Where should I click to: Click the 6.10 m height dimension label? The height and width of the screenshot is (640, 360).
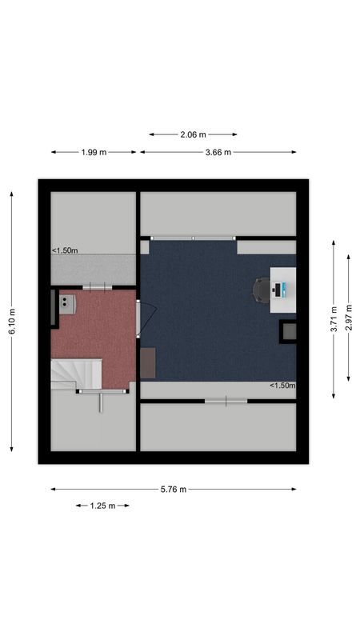[x=12, y=322]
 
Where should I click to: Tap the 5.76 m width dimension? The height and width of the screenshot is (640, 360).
[x=173, y=489]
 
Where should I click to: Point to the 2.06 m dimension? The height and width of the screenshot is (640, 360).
[x=192, y=134]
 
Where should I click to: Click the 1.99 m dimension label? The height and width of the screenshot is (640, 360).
[x=94, y=152]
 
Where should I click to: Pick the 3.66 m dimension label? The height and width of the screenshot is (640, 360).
[x=218, y=152]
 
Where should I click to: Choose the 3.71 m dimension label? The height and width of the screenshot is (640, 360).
[x=333, y=318]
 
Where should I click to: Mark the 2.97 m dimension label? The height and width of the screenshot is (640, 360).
[x=348, y=318]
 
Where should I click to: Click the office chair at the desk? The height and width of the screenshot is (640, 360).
[x=262, y=290]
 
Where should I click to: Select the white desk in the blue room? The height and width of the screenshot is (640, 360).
[x=283, y=290]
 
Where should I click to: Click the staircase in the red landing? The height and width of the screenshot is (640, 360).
[x=75, y=374]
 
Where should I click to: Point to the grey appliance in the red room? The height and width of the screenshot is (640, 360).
[x=66, y=302]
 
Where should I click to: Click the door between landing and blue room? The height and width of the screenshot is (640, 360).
[x=139, y=318]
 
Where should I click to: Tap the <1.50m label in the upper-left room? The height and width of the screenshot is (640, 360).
[x=66, y=250]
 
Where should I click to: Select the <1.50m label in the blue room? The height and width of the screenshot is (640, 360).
[x=282, y=386]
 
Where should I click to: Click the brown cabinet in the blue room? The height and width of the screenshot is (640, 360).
[x=148, y=362]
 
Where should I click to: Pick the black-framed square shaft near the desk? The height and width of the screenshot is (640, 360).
[x=287, y=331]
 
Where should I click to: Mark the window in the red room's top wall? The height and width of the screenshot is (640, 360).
[x=98, y=286]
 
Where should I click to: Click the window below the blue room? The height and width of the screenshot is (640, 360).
[x=226, y=400]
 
